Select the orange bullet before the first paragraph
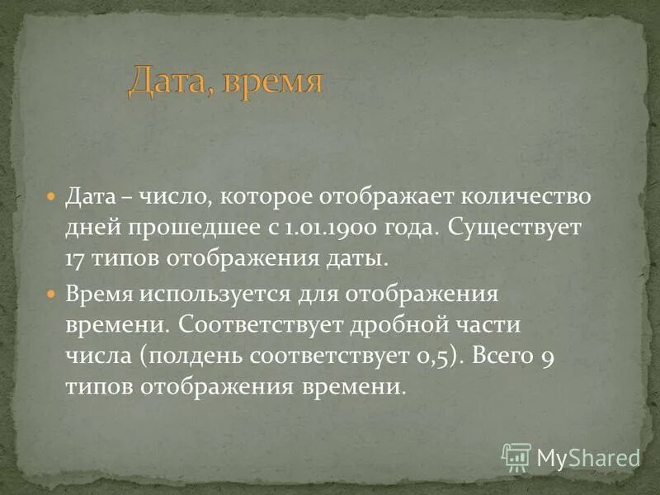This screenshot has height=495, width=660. point(51,198)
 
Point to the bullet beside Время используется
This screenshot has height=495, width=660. point(51,293)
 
